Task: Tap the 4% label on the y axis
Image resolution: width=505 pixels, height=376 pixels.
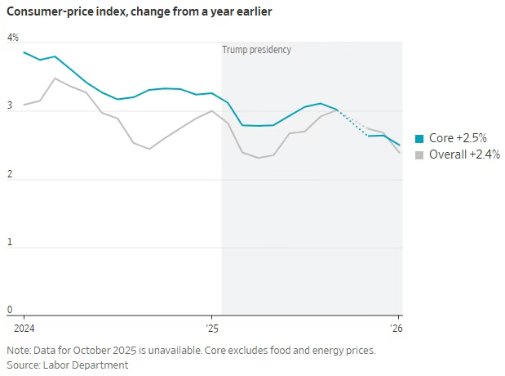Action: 13,38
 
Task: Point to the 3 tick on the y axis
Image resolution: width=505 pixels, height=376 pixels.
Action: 11,106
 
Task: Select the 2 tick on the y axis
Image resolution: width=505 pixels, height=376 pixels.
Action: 11,174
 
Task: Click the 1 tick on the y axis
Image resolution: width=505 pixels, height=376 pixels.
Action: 11,242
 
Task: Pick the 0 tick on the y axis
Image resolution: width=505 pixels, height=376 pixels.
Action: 11,310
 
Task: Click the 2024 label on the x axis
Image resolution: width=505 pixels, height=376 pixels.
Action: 24,328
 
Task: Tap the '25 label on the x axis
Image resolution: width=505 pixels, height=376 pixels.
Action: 211,328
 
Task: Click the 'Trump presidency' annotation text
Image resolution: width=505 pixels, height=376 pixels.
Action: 256,50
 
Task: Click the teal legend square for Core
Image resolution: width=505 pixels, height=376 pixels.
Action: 419,139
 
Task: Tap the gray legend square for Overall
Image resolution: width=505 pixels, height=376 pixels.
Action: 419,154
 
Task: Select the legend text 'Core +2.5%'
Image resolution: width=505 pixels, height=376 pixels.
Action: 458,139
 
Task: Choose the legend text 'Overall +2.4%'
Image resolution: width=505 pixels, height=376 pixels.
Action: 464,154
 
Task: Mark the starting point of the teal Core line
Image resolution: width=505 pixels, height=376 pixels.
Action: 24,52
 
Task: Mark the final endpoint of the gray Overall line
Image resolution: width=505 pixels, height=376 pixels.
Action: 400,153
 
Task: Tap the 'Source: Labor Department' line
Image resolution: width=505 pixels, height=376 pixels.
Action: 68,365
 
